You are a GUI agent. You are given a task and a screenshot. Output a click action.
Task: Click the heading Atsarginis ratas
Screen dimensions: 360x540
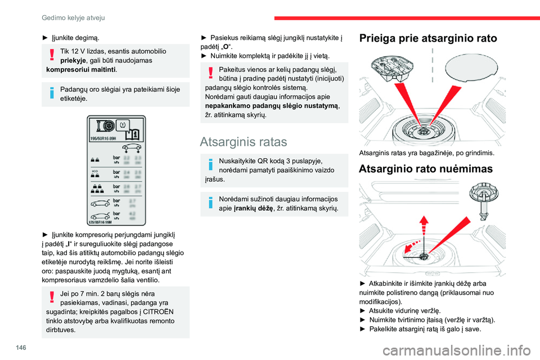244,141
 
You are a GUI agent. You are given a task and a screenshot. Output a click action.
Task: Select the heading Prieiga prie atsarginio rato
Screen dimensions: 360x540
427,39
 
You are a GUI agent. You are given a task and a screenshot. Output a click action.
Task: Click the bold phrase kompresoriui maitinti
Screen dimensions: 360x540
82,70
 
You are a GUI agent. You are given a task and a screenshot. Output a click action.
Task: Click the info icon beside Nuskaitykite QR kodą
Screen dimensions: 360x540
210,164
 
